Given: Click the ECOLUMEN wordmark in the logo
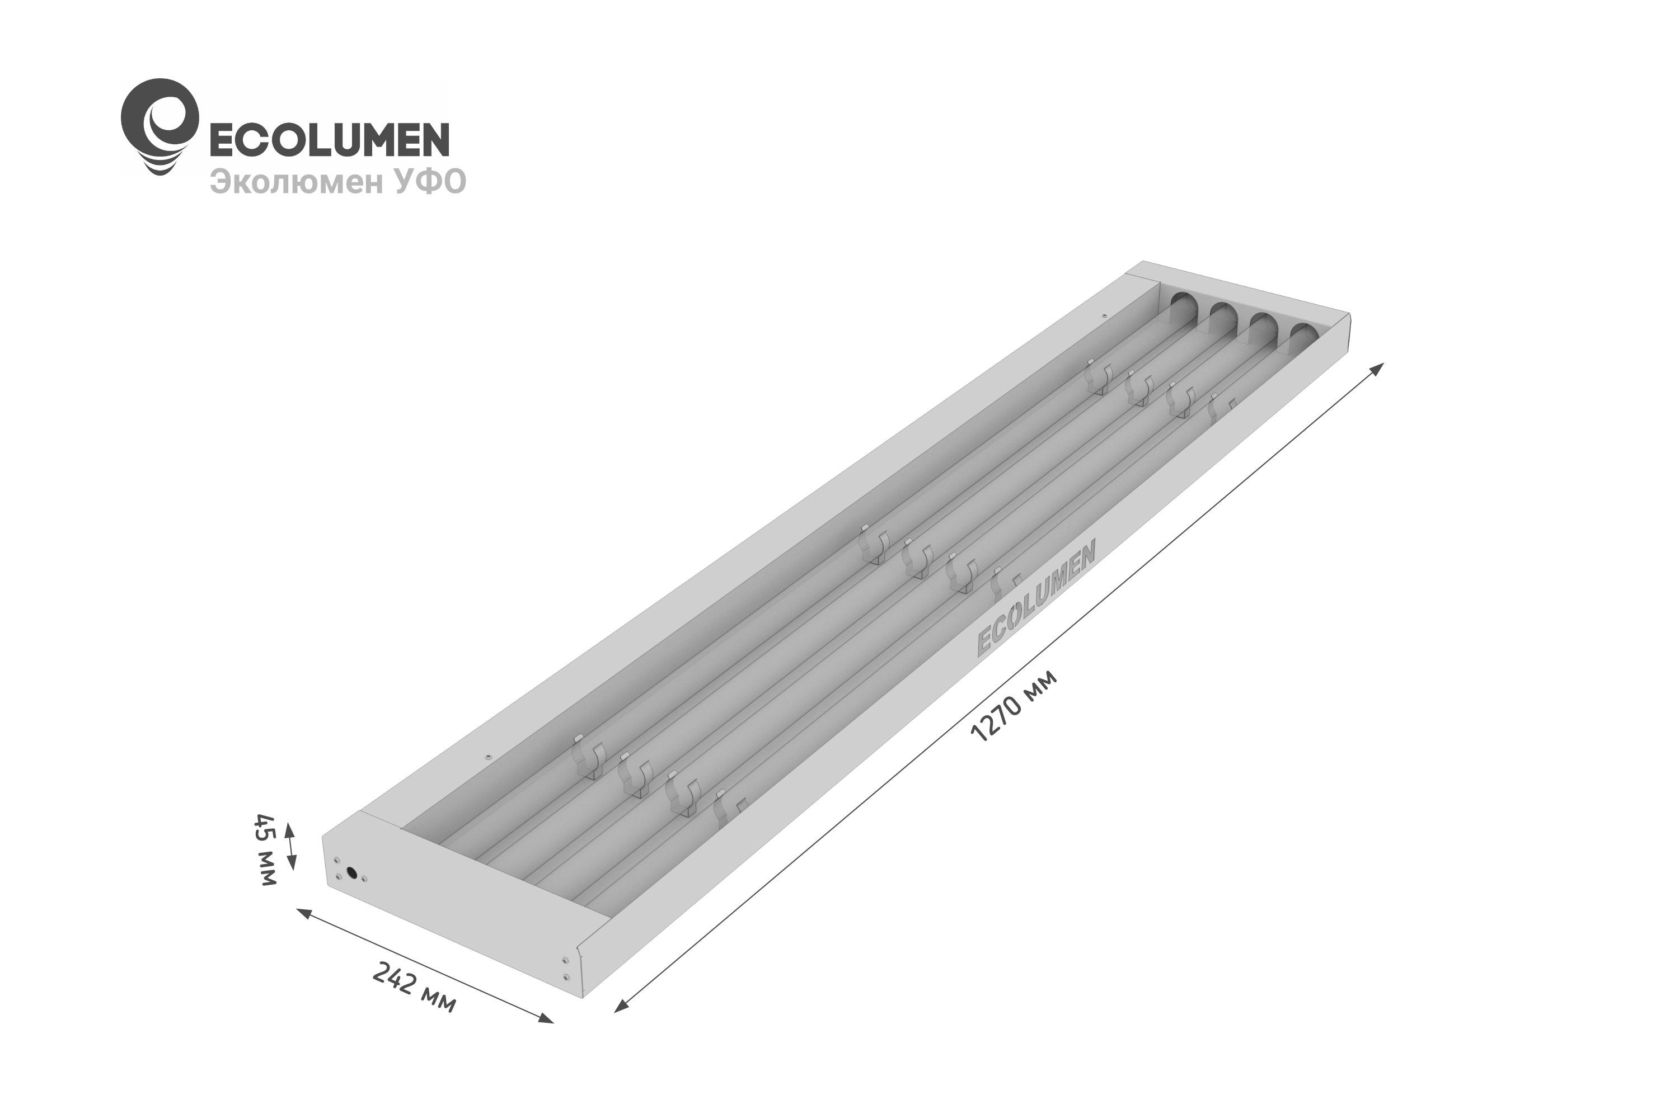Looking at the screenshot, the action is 329,139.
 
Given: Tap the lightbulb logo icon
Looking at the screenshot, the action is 160,126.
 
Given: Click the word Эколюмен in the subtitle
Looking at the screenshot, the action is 297,182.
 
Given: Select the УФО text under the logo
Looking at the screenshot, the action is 429,181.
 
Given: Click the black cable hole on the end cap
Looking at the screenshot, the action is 351,872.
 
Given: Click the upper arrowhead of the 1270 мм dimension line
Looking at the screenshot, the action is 1378,367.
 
